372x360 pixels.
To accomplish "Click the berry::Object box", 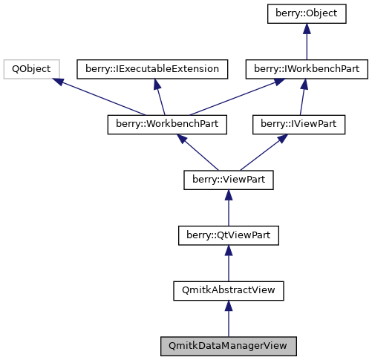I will [x=307, y=14].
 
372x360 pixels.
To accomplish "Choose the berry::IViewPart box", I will [x=299, y=124].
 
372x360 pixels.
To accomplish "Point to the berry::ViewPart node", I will [x=229, y=179].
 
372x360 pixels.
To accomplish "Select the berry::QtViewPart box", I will [x=229, y=235].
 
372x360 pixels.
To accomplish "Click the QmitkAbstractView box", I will [x=229, y=290].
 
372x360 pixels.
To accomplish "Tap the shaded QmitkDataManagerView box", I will [x=229, y=346].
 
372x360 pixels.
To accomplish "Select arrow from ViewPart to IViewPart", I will [x=264, y=151].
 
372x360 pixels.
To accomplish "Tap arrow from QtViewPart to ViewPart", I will [x=229, y=207].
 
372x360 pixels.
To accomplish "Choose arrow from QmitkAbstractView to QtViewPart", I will [x=229, y=263].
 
